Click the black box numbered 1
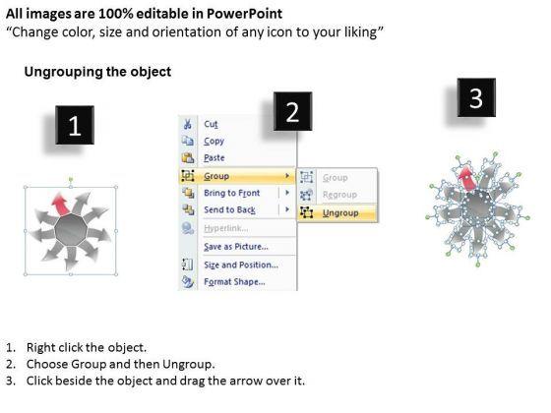click(x=75, y=125)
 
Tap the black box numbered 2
click(x=293, y=111)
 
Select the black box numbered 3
click(x=476, y=97)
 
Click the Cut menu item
click(x=211, y=124)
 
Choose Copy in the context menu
click(x=214, y=141)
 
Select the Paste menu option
click(x=214, y=157)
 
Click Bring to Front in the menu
click(x=232, y=193)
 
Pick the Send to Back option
click(x=230, y=209)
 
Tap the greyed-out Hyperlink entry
click(x=225, y=228)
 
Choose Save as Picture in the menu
click(x=236, y=247)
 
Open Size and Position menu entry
click(x=241, y=265)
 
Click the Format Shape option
click(x=234, y=281)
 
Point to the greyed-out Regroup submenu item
click(x=339, y=195)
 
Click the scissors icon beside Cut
click(x=188, y=124)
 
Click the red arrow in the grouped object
click(x=60, y=205)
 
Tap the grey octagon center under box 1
click(x=71, y=230)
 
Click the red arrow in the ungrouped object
click(x=467, y=179)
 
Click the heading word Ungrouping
click(x=63, y=72)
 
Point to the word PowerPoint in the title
click(x=244, y=14)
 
